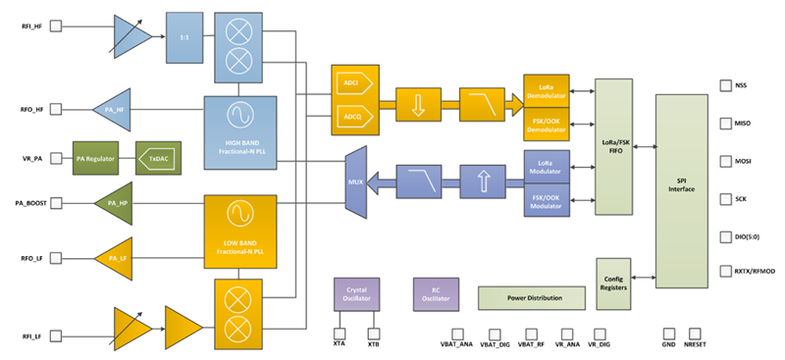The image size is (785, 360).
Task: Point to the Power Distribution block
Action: click(x=534, y=297)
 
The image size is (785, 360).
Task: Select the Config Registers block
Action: click(x=615, y=284)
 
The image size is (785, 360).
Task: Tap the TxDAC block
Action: click(x=158, y=158)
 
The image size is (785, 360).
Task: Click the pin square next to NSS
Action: click(x=726, y=85)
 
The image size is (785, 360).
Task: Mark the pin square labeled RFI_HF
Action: click(x=55, y=26)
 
